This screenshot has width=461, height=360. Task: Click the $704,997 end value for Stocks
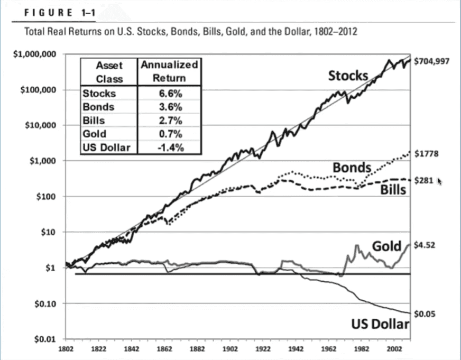pyautogui.click(x=431, y=61)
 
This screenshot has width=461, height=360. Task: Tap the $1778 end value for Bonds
pyautogui.click(x=426, y=154)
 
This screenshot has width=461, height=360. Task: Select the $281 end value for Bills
pyautogui.click(x=423, y=180)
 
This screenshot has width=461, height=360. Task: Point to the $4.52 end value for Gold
pyautogui.click(x=424, y=245)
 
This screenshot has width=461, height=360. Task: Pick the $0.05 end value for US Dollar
pyautogui.click(x=425, y=314)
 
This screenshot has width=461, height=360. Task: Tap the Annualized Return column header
pyautogui.click(x=169, y=71)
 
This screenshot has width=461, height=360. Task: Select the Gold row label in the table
pyautogui.click(x=95, y=134)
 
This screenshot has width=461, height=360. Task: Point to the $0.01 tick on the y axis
pyautogui.click(x=45, y=339)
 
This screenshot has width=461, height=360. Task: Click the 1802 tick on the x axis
pyautogui.click(x=66, y=349)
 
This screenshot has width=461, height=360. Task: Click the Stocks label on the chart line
pyautogui.click(x=348, y=76)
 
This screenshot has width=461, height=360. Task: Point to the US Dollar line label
pyautogui.click(x=380, y=324)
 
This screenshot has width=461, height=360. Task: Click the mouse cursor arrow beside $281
pyautogui.click(x=439, y=181)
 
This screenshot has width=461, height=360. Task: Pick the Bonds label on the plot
pyautogui.click(x=352, y=168)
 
